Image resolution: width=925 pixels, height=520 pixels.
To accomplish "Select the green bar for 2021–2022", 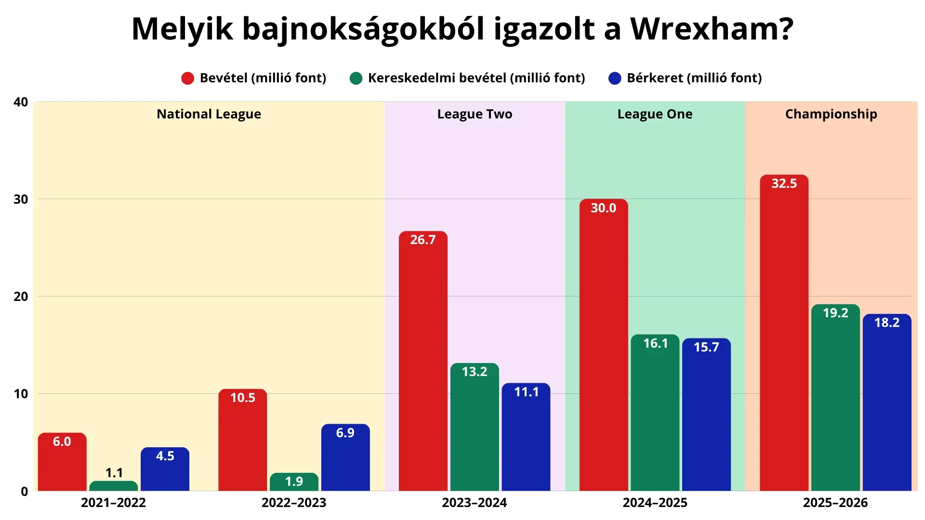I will point(113,486).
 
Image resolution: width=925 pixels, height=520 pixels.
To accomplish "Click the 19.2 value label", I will point(835,313).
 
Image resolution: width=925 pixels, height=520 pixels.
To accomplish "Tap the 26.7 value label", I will point(423,240).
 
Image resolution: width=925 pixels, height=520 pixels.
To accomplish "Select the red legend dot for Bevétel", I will point(187,78).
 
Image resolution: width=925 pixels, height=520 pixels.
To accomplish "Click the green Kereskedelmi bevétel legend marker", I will point(356,78).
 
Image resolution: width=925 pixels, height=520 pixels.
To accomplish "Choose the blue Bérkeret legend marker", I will point(615,78).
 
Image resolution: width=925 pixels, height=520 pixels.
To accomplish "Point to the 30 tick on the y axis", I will point(21,199).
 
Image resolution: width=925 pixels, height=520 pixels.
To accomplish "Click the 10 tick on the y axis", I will point(21,394).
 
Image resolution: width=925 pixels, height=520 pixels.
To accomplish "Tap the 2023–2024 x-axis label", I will point(475,503).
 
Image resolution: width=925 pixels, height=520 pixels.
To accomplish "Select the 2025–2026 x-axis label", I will point(835,503).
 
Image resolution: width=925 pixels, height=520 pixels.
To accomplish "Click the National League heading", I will point(209,114).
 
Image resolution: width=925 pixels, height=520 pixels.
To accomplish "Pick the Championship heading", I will point(831,114).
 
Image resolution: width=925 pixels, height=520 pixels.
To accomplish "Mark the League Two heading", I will point(475,114).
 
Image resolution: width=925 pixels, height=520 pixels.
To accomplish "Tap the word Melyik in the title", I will point(183,29).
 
